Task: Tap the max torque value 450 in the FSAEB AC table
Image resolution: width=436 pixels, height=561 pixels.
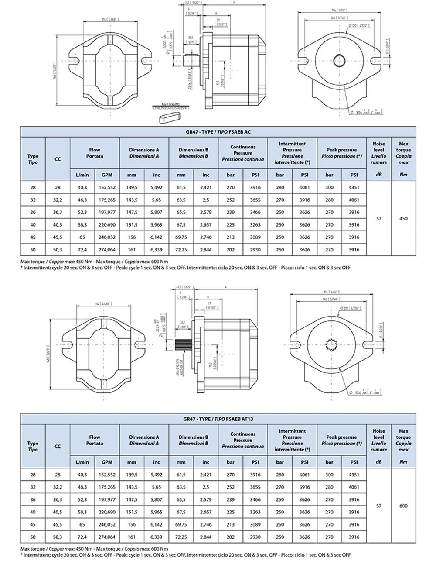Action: click(403, 219)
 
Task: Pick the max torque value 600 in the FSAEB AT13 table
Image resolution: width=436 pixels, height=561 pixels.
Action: click(403, 506)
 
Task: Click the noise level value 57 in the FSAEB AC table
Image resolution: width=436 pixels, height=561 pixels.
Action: click(378, 219)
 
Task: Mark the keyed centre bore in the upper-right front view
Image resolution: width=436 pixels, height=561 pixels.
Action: click(339, 60)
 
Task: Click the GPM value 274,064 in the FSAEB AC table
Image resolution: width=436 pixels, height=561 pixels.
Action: click(107, 250)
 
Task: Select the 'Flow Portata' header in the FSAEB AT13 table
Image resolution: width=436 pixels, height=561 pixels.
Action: click(94, 440)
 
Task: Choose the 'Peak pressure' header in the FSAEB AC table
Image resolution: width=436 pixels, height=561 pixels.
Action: click(341, 153)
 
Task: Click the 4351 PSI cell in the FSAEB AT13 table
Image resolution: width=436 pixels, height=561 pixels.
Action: click(354, 475)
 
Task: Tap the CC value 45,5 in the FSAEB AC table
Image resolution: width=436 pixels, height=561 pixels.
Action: click(58, 237)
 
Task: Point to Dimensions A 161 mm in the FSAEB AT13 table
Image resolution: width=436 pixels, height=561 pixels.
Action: click(132, 537)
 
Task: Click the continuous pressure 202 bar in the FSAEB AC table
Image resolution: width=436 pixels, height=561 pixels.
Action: click(231, 250)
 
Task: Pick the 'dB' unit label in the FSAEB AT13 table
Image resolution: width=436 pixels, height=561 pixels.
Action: click(378, 462)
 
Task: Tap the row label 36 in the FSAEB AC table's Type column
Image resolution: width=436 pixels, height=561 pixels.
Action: click(33, 213)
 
